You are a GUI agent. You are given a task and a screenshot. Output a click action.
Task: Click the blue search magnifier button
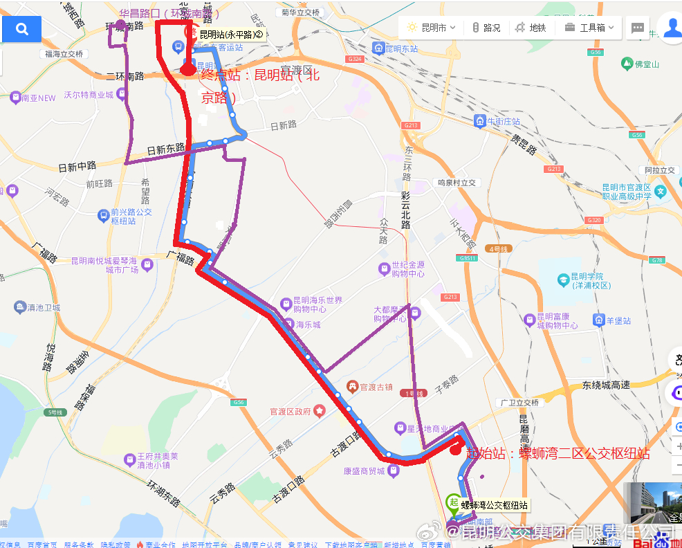coord(21,29)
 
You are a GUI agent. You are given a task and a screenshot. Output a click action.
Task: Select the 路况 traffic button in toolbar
coord(486,28)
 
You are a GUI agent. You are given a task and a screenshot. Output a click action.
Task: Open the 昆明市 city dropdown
coord(432,28)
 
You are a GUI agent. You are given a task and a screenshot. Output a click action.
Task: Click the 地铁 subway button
coord(531,28)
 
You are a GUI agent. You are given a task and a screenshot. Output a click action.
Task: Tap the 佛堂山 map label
coord(647,64)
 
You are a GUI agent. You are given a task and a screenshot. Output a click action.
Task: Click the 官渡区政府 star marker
coord(320,411)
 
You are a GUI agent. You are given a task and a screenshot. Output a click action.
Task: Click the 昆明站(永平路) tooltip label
coord(231,34)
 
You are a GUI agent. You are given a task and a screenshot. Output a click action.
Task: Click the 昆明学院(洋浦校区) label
coord(585,280)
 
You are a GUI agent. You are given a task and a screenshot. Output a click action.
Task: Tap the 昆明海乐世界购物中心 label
coord(317,304)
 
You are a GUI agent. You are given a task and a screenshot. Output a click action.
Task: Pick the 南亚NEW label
coord(38,98)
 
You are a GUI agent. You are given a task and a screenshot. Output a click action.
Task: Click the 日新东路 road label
coord(166,149)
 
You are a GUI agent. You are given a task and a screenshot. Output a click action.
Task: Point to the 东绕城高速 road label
coord(606,385)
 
